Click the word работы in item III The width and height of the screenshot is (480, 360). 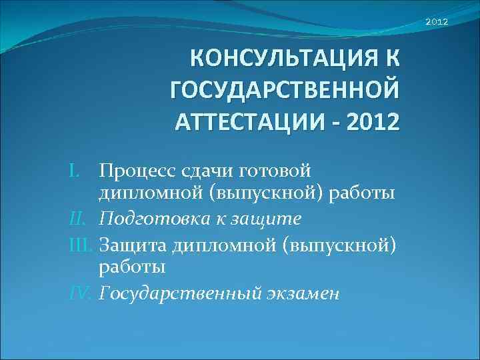pos(132,267)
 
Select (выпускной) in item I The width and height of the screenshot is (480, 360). pos(281,195)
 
